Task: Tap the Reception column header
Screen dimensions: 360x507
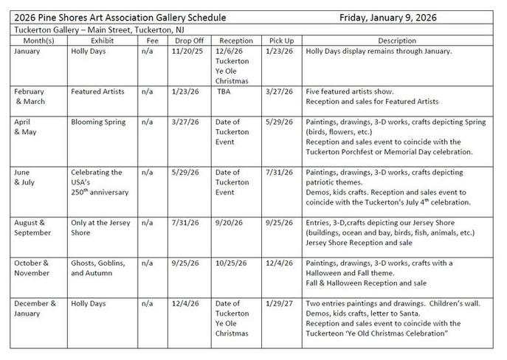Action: point(235,41)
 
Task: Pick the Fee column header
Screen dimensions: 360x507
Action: point(151,41)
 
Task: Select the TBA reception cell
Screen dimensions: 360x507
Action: point(225,91)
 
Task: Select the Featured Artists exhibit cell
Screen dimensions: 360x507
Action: point(98,91)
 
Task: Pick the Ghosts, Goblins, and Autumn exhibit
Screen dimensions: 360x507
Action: point(98,268)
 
